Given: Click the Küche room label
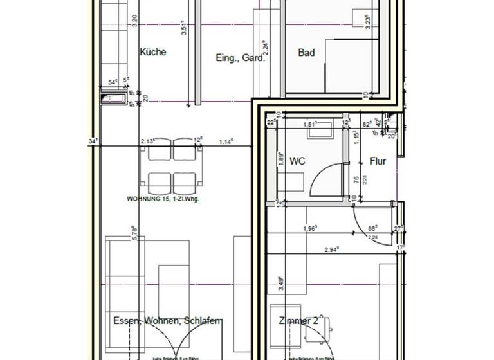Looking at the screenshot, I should tap(152, 52).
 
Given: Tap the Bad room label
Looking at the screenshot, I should tap(306, 53).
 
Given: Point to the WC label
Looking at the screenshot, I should tap(297, 161).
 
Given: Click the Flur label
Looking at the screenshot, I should tap(378, 161).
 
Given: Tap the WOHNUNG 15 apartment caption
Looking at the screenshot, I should tap(163, 199).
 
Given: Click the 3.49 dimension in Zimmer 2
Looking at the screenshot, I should tap(280, 283).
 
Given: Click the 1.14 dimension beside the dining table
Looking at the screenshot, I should tap(226, 141).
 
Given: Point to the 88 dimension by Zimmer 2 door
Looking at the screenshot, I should tap(372, 227).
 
